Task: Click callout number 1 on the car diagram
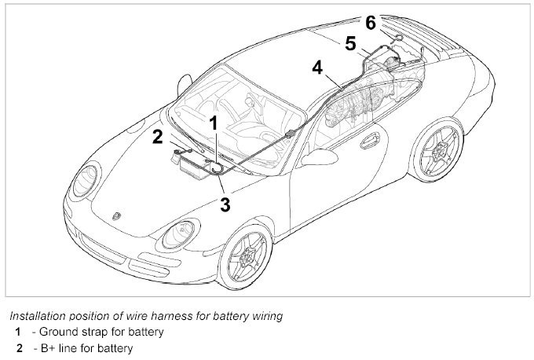click(212, 123)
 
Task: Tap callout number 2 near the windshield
click(158, 137)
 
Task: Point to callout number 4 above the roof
click(317, 68)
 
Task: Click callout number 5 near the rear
click(350, 42)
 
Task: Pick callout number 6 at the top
click(371, 22)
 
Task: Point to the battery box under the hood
click(192, 167)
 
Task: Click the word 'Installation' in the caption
click(35, 316)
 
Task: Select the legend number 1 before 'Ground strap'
click(17, 332)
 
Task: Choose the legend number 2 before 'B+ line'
click(17, 347)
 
